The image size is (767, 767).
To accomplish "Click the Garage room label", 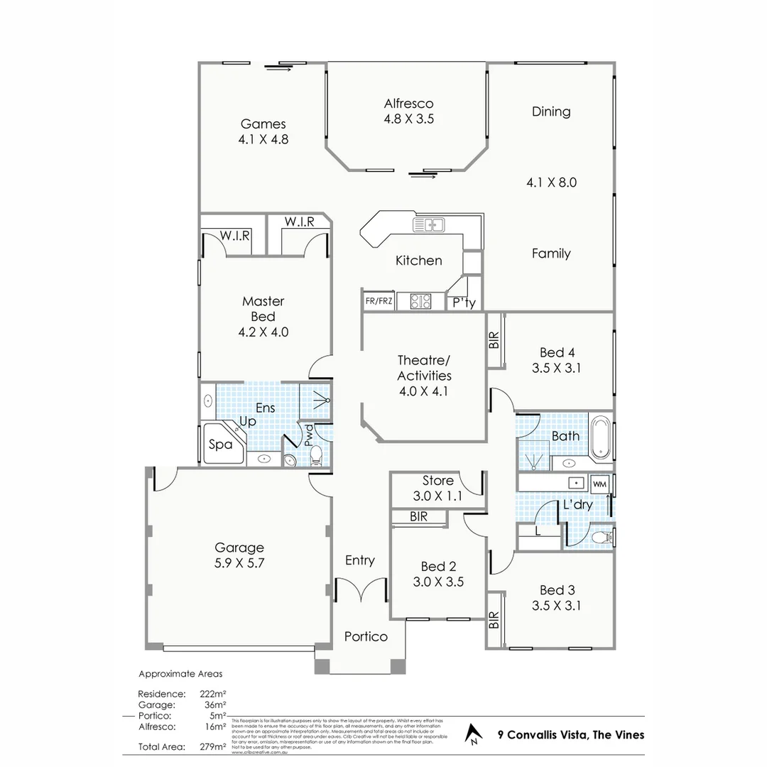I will tap(239, 548).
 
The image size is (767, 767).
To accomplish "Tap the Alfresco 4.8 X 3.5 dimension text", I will tap(408, 119).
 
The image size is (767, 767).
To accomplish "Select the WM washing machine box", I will tap(599, 484).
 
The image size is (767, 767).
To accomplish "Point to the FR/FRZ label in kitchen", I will tap(379, 301).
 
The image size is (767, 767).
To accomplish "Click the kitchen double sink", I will tap(428, 225).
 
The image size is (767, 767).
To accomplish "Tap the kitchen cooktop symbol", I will tap(420, 302).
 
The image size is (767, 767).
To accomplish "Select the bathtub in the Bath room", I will tap(601, 435).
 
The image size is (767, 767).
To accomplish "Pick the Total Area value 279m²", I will tap(214, 746).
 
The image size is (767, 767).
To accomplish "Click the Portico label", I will tap(366, 636).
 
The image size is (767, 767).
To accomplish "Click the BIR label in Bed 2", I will tap(418, 517).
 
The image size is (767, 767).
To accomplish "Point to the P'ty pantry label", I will tap(464, 303).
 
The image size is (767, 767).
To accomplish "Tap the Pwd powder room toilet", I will tap(317, 455).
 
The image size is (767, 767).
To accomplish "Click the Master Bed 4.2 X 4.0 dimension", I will tap(263, 332).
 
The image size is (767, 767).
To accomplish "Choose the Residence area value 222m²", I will tap(214, 693).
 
